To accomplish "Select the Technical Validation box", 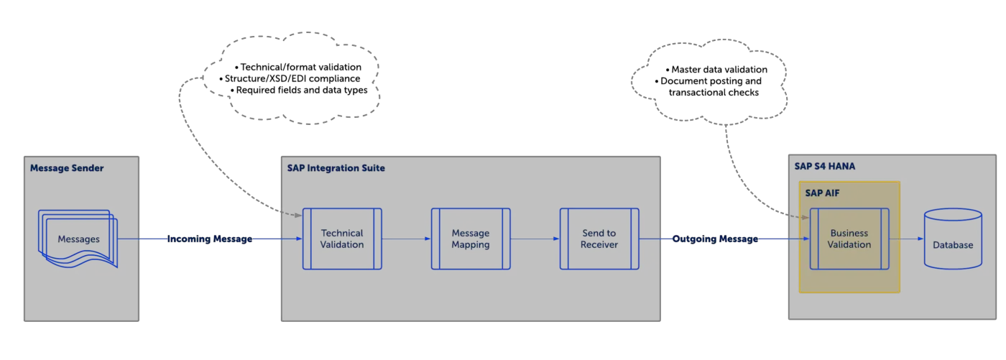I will [x=342, y=239].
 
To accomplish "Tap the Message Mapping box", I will [x=471, y=239].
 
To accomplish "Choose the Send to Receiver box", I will [x=599, y=239].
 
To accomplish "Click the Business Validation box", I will [x=849, y=239].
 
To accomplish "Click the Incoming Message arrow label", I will [x=210, y=239].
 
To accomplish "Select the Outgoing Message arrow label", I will [x=715, y=239].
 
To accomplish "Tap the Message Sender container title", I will [x=67, y=168].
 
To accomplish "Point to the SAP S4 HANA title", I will [x=825, y=166].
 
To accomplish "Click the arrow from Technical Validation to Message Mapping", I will [x=406, y=239].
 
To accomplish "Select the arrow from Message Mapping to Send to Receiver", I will [x=535, y=239].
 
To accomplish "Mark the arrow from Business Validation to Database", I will [x=906, y=239].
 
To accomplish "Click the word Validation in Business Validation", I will [x=849, y=244].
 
